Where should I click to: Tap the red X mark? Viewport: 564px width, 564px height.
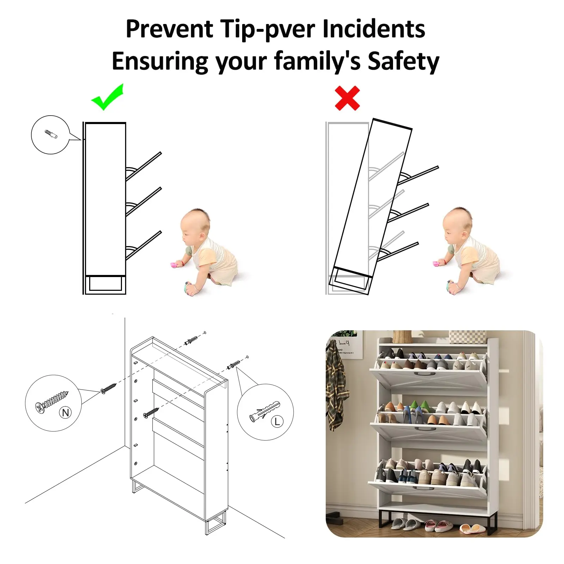click(347, 98)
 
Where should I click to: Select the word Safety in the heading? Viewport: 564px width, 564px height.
click(403, 61)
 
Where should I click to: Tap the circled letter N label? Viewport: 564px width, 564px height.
click(66, 412)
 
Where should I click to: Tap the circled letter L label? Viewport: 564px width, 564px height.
click(277, 421)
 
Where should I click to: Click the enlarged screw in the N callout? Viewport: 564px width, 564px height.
click(51, 401)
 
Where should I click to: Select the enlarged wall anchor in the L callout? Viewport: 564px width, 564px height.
click(264, 411)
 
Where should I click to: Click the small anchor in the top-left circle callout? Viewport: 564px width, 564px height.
click(51, 134)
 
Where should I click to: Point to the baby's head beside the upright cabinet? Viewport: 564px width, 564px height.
click(195, 225)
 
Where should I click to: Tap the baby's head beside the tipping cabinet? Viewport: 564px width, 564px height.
click(457, 225)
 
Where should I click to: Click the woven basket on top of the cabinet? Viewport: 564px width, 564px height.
click(402, 336)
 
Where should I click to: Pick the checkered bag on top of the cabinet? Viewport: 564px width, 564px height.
click(467, 337)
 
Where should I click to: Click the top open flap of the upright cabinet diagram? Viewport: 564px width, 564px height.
click(143, 166)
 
